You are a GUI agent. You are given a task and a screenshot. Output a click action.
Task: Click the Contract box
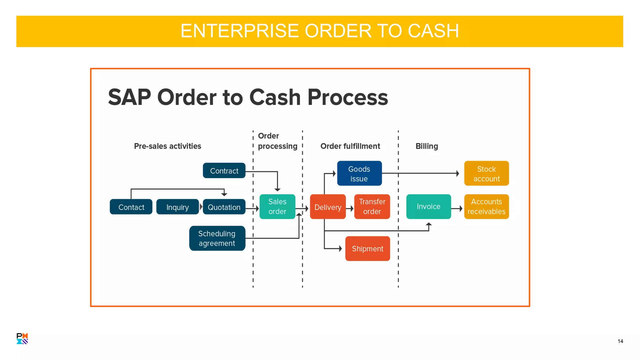(x=224, y=171)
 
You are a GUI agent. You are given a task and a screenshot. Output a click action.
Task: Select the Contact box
(x=131, y=207)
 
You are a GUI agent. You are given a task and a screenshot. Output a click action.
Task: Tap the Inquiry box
(x=177, y=207)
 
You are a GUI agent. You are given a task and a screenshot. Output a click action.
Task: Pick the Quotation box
(x=224, y=207)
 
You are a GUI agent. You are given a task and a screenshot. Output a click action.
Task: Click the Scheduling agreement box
(x=217, y=238)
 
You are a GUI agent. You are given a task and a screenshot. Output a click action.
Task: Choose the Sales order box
(x=277, y=207)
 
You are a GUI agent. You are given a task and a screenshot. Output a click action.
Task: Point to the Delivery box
(x=328, y=207)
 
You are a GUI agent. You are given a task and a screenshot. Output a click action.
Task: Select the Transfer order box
(x=372, y=207)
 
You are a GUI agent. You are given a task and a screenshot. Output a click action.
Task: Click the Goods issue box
(x=359, y=173)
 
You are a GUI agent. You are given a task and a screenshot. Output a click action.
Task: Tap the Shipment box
(x=367, y=248)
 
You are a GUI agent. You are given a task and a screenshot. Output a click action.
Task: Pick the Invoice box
(x=428, y=207)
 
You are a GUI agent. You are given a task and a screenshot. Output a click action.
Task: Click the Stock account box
(x=486, y=173)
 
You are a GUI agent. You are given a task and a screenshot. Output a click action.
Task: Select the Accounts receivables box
(x=486, y=207)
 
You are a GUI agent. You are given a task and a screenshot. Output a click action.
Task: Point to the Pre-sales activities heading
(x=167, y=146)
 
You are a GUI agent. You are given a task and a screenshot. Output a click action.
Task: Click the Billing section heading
(x=427, y=146)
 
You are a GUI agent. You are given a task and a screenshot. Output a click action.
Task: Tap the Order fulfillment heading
(x=350, y=146)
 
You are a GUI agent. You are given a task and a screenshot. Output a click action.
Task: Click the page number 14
(x=620, y=341)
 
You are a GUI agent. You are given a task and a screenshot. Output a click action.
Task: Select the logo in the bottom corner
(x=22, y=338)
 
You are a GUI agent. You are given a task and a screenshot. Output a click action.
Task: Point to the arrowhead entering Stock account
(x=458, y=173)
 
